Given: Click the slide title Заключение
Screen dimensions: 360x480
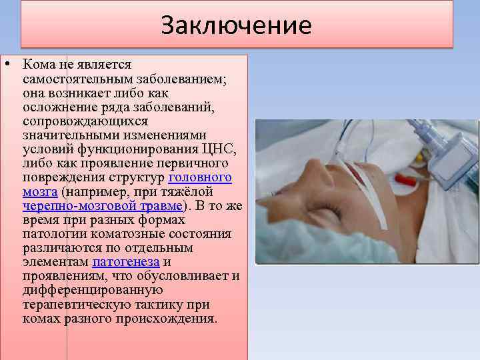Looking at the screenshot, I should pyautogui.click(x=236, y=25).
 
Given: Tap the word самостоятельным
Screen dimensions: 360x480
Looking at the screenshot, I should pyautogui.click(x=73, y=79).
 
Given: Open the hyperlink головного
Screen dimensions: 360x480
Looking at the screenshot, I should pyautogui.click(x=200, y=178).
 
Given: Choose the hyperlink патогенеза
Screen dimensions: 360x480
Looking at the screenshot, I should pyautogui.click(x=126, y=262).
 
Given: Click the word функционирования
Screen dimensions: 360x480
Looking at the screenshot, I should pyautogui.click(x=133, y=149).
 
